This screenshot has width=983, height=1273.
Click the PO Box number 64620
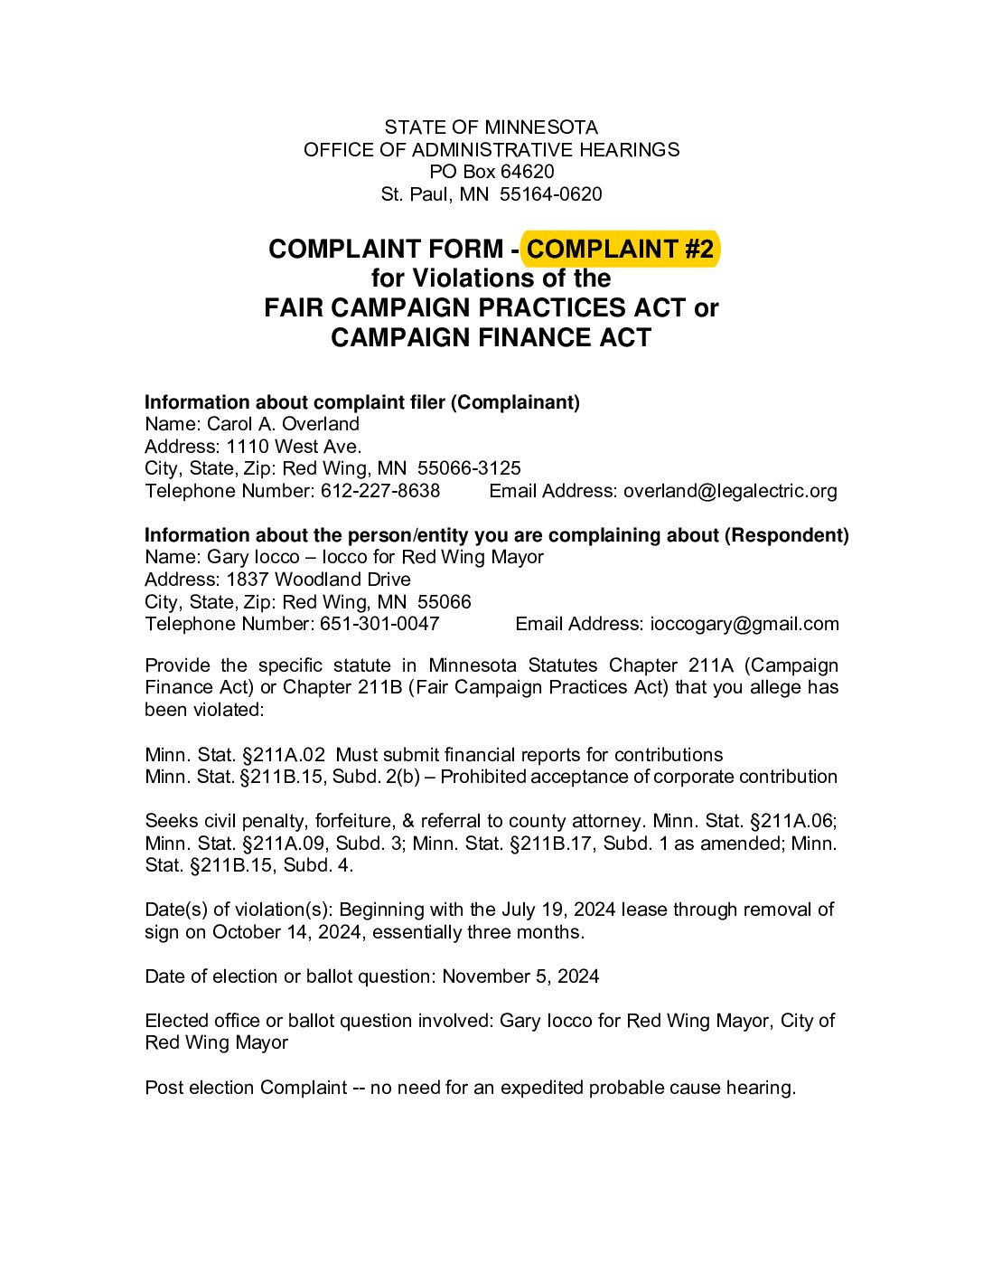pos(527,172)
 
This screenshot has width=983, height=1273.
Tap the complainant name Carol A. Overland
pos(283,424)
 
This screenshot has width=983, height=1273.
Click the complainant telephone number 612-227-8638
pos(380,491)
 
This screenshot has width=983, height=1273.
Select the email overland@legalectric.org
pos(730,491)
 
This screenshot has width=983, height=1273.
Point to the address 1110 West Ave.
pos(294,447)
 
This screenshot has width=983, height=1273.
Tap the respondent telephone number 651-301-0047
pos(379,624)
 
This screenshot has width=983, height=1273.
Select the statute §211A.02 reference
pos(282,755)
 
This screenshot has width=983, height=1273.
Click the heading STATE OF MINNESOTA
pos(491,127)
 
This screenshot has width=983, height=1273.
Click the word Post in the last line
pos(164,1088)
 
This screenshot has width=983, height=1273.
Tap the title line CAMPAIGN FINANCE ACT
pos(491,338)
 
